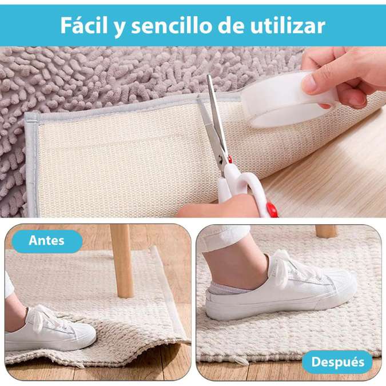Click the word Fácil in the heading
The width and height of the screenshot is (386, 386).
tap(84, 25)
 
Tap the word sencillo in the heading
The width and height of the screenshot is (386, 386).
tap(172, 25)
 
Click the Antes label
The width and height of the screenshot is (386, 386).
tap(46, 241)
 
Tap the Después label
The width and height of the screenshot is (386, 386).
tap(338, 362)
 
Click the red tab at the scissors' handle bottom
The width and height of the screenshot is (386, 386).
tap(272, 209)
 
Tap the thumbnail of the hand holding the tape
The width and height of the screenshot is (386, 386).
tap(311, 83)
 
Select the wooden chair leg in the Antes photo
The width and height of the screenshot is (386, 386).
tap(122, 261)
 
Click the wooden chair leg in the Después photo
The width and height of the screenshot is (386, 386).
tap(326, 232)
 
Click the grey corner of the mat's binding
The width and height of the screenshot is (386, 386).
tap(32, 118)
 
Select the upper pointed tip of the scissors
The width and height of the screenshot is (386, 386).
tap(208, 75)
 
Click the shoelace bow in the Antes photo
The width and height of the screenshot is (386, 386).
tap(42, 317)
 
